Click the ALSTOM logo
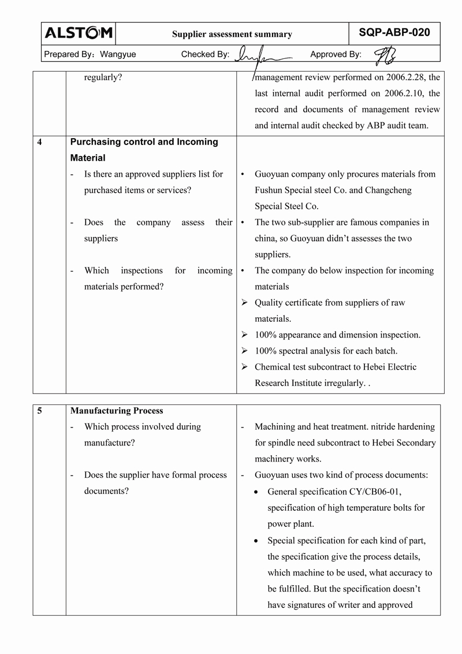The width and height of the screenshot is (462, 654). coord(79,34)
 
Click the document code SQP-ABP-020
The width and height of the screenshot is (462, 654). coord(394,33)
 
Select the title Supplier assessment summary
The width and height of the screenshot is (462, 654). coord(232,35)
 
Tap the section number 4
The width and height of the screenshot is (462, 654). coord(39,142)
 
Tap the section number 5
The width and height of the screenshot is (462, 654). coord(39,411)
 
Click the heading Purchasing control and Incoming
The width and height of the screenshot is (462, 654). coord(144,142)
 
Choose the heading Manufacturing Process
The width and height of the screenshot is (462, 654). coord(117,411)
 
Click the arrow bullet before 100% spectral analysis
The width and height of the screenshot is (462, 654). coord(244,351)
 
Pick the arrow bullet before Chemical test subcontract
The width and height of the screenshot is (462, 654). coord(244,367)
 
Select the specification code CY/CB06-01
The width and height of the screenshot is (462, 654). coord(375,492)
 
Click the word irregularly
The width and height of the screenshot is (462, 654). coord(341,383)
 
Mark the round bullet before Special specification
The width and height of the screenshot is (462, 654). coord(258,541)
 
